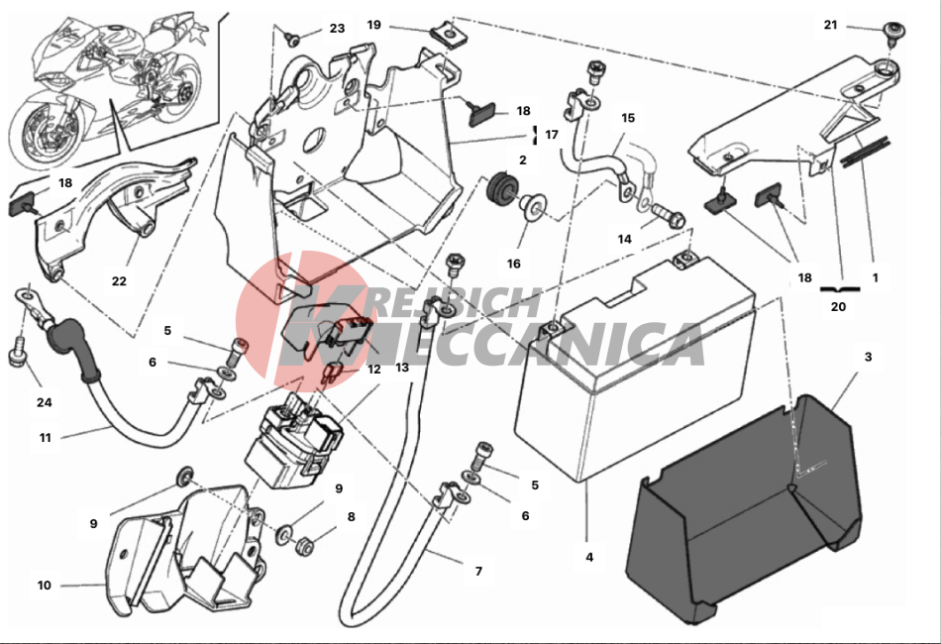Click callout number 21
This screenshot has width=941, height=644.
click(830, 25)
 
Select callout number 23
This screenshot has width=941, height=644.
click(337, 29)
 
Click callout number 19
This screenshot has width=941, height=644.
click(373, 24)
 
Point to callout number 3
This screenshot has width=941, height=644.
click(868, 357)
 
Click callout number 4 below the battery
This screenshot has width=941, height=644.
click(589, 557)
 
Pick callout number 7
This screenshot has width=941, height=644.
click(478, 572)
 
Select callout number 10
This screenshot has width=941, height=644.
click(44, 586)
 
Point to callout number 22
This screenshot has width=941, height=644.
click(119, 281)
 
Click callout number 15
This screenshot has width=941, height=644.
click(628, 118)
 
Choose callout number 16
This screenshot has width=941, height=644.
click(513, 265)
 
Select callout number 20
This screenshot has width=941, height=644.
click(838, 308)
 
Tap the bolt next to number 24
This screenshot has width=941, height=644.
click(17, 354)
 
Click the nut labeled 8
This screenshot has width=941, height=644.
click(305, 544)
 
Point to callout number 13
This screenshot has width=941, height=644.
click(402, 368)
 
